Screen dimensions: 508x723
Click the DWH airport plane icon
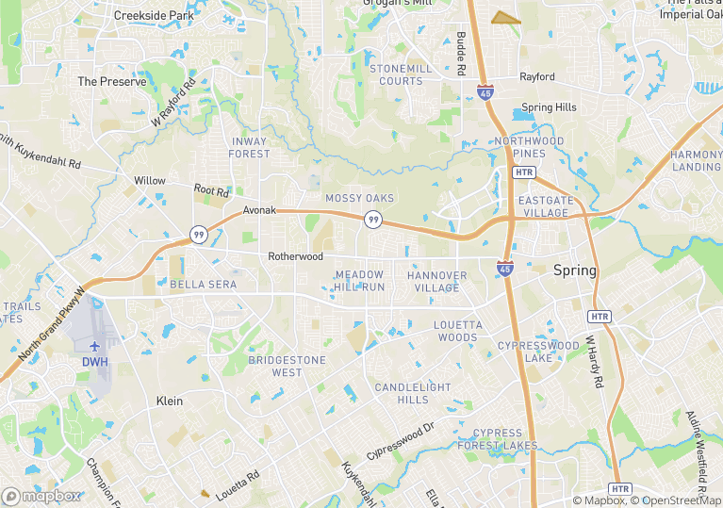[x=95, y=345]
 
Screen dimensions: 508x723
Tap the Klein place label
[x=169, y=401]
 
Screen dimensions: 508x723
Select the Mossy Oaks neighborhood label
[x=359, y=198]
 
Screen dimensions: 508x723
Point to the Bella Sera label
[x=203, y=284]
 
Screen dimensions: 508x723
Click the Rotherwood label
[x=295, y=256]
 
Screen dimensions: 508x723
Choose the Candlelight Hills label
[x=414, y=394]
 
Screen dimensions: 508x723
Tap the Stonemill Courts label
[x=402, y=75]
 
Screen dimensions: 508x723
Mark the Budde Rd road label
[x=461, y=53]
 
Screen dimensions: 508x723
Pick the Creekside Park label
[x=153, y=15]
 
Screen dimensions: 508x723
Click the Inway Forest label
[x=249, y=148]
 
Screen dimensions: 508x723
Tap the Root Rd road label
[x=211, y=191]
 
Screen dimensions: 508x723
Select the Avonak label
[x=259, y=210]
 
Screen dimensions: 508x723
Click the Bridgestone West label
[x=287, y=366]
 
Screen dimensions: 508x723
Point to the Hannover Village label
[x=437, y=281]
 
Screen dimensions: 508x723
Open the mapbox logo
[x=41, y=496]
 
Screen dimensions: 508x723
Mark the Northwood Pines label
[x=529, y=147]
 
